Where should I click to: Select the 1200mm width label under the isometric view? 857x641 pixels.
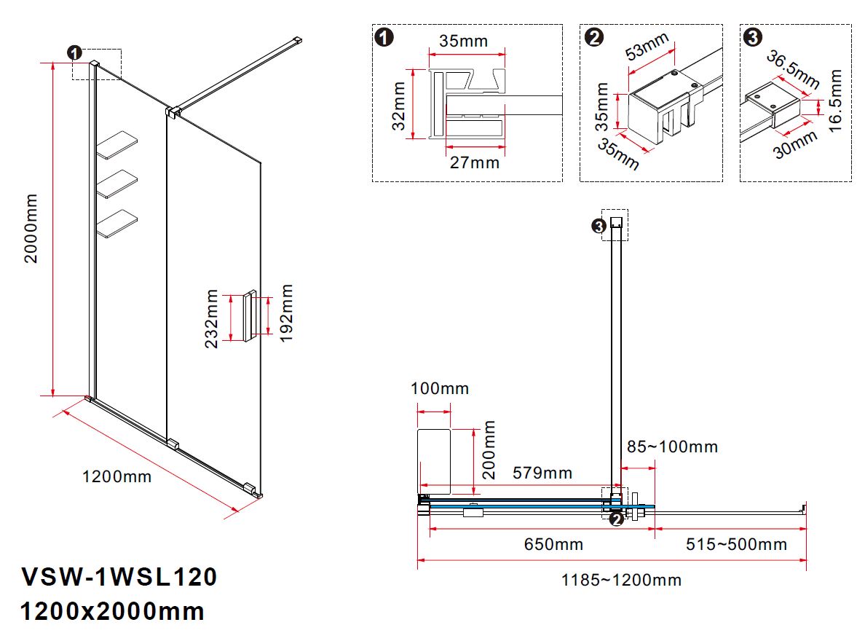116,477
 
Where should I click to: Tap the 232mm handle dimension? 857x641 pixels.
212,318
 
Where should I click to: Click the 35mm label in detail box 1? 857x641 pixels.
463,41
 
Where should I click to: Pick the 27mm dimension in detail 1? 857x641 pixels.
474,162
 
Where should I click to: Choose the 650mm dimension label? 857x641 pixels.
553,544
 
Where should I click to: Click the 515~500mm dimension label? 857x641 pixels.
736,544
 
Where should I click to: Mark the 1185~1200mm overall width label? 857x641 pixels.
620,581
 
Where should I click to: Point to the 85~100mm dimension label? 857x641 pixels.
672,447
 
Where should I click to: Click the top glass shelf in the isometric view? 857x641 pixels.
117,145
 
